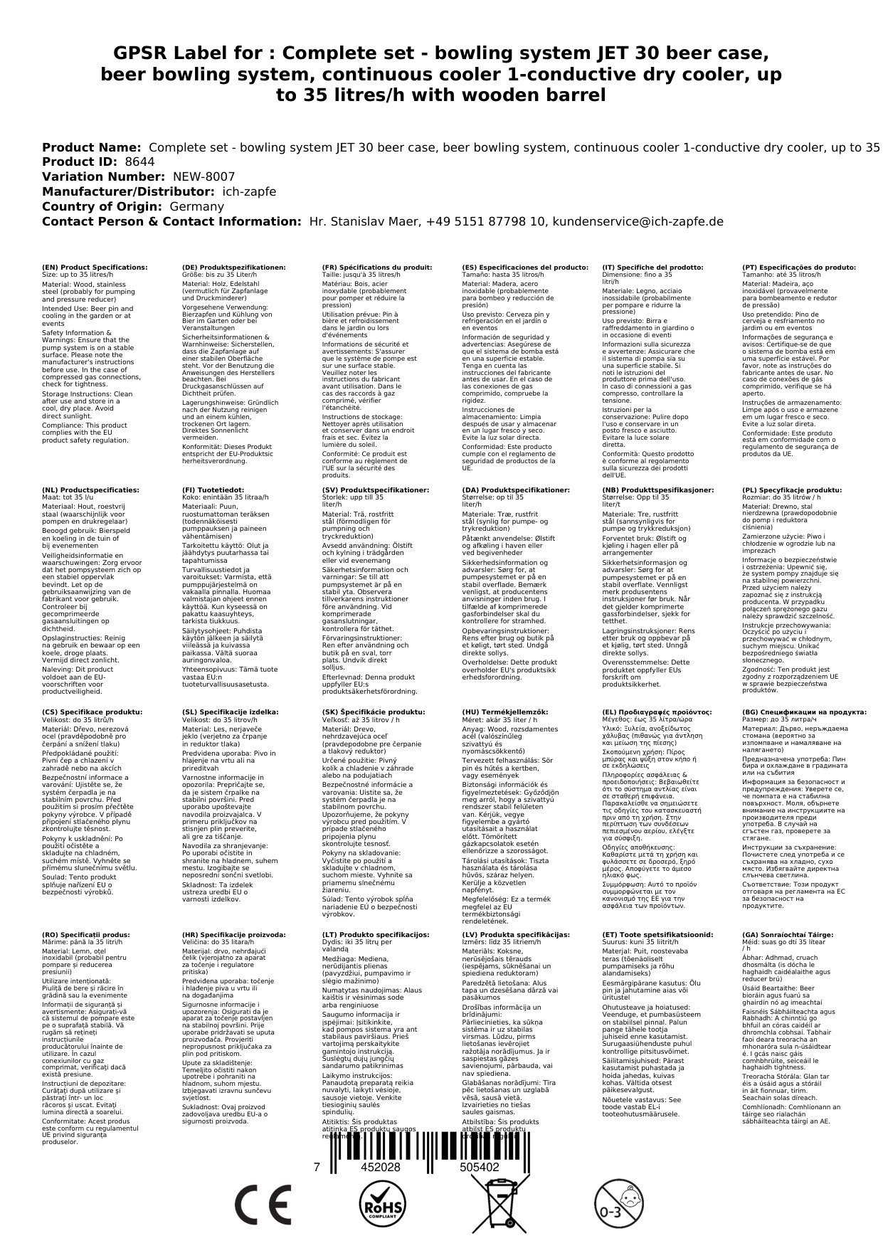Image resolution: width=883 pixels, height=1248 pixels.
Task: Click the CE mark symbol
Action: pyautogui.click(x=263, y=1203)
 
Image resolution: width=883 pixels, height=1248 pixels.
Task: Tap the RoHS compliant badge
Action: pyautogui.click(x=381, y=1203)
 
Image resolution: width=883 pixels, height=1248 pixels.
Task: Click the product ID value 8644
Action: pyautogui.click(x=139, y=162)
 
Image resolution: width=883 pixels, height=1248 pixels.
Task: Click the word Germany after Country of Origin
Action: pyautogui.click(x=196, y=206)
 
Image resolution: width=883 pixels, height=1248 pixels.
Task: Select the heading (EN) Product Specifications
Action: pyautogui.click(x=95, y=268)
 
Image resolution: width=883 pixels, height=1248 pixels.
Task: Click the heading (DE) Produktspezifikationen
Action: pyautogui.click(x=234, y=268)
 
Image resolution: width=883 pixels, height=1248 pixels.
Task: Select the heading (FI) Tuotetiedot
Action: pyautogui.click(x=213, y=490)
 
